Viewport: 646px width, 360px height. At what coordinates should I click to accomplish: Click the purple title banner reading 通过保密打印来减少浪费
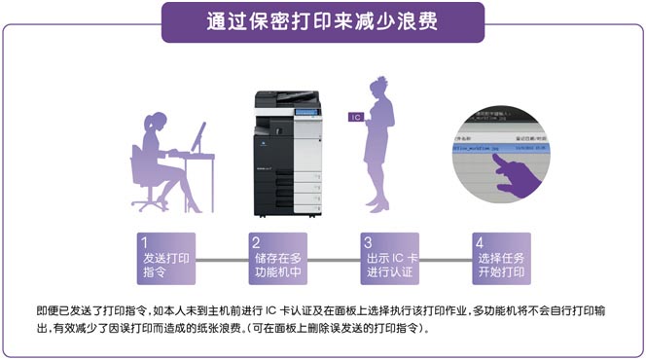click(x=322, y=22)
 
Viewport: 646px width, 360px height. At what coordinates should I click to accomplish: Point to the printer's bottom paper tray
click(x=289, y=204)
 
